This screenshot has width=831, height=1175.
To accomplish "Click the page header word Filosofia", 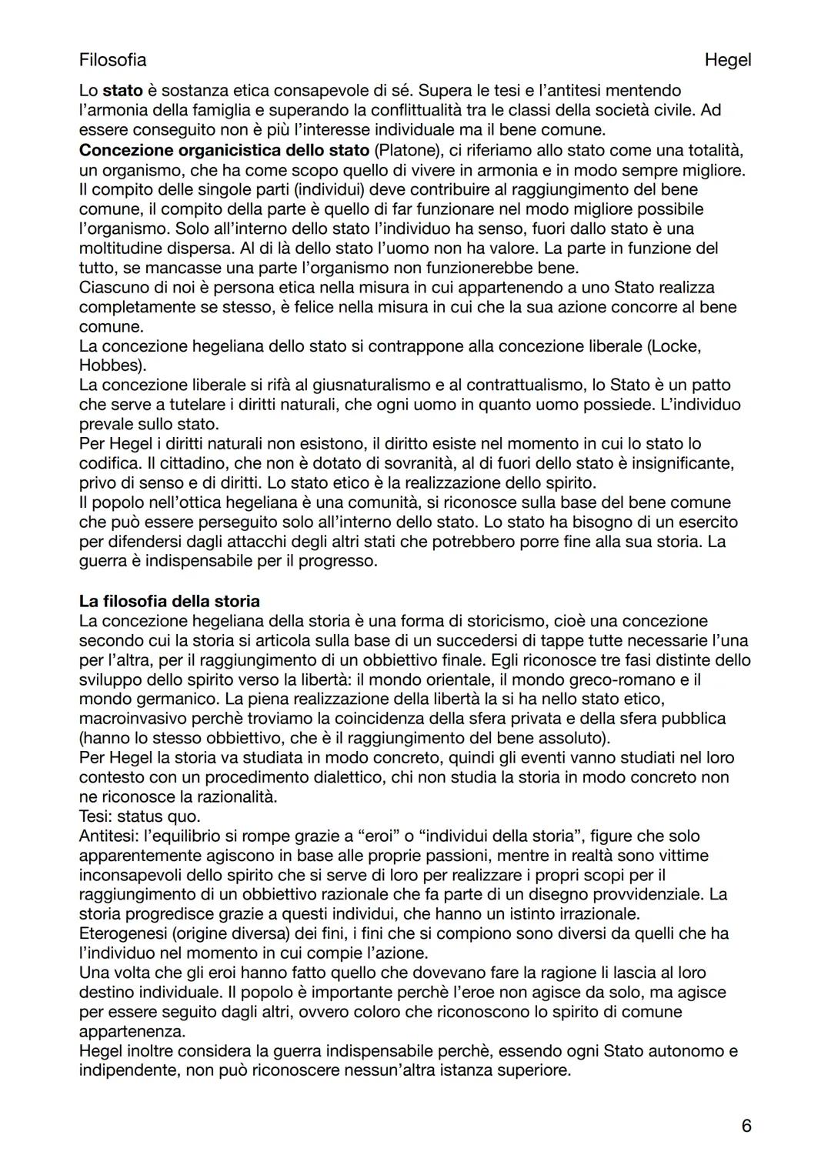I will tap(112, 59).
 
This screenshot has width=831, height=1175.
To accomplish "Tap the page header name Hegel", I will tap(727, 59).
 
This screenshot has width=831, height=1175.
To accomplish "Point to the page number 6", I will tap(746, 1126).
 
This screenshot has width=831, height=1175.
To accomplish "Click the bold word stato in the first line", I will tap(123, 91).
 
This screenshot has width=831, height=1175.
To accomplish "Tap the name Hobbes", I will tap(111, 366).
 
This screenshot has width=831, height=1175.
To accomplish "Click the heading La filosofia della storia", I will tap(169, 601).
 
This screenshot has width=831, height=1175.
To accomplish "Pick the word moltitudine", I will tap(122, 248).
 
